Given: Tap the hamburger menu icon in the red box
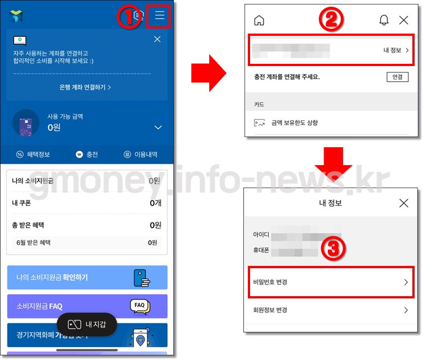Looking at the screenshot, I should (x=159, y=16).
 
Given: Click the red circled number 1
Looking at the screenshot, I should (x=128, y=17).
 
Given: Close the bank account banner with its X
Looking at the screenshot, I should (x=157, y=39).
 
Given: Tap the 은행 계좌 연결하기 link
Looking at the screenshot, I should (x=85, y=87).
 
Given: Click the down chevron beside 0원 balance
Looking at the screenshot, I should (x=157, y=128).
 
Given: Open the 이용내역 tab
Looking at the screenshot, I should (x=140, y=155).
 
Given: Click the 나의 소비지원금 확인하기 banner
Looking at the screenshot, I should (x=87, y=277).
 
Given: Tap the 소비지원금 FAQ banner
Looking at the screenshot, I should (x=87, y=306).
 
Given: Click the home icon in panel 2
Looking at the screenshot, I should (x=259, y=20).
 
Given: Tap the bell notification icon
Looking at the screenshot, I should (x=384, y=20).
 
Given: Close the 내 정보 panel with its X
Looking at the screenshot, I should (x=403, y=203).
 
